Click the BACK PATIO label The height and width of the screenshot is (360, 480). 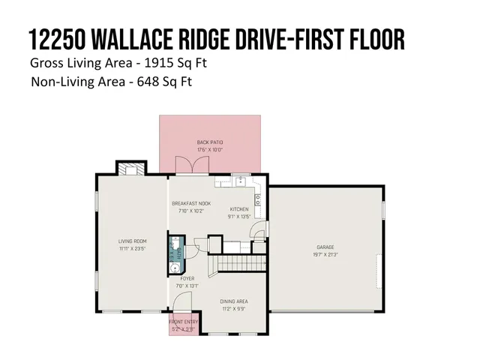(x=210, y=142)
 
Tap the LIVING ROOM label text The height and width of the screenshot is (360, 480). (x=131, y=241)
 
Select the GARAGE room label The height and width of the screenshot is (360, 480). (x=325, y=247)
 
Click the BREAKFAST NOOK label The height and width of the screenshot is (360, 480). (x=190, y=203)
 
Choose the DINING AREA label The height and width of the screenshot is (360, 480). (x=235, y=301)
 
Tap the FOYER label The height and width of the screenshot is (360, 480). (x=187, y=278)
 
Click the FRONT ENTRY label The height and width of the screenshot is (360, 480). (x=182, y=322)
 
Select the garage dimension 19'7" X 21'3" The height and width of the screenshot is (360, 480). (x=325, y=253)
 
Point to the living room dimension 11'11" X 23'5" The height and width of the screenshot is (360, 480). (x=131, y=248)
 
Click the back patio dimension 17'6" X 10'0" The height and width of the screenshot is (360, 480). (x=210, y=149)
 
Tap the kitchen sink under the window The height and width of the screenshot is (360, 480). (x=240, y=182)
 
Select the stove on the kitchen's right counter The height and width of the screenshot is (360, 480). (x=258, y=199)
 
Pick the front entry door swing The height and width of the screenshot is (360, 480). (x=181, y=304)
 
